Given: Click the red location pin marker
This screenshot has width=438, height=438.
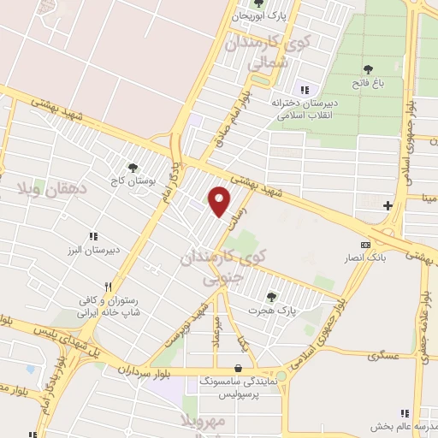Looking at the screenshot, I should coord(220,202).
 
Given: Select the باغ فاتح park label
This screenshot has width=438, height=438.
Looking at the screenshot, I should coord(367,83).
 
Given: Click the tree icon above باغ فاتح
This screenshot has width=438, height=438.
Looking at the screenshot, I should coord(368,69).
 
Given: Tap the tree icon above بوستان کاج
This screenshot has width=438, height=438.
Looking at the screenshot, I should coord(132,168).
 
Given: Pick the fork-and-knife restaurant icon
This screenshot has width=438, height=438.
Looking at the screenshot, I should coord(108,287).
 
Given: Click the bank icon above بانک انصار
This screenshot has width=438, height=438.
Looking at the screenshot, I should coord(365,245).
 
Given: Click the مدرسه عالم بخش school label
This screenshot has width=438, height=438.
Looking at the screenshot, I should coord(403,426).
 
